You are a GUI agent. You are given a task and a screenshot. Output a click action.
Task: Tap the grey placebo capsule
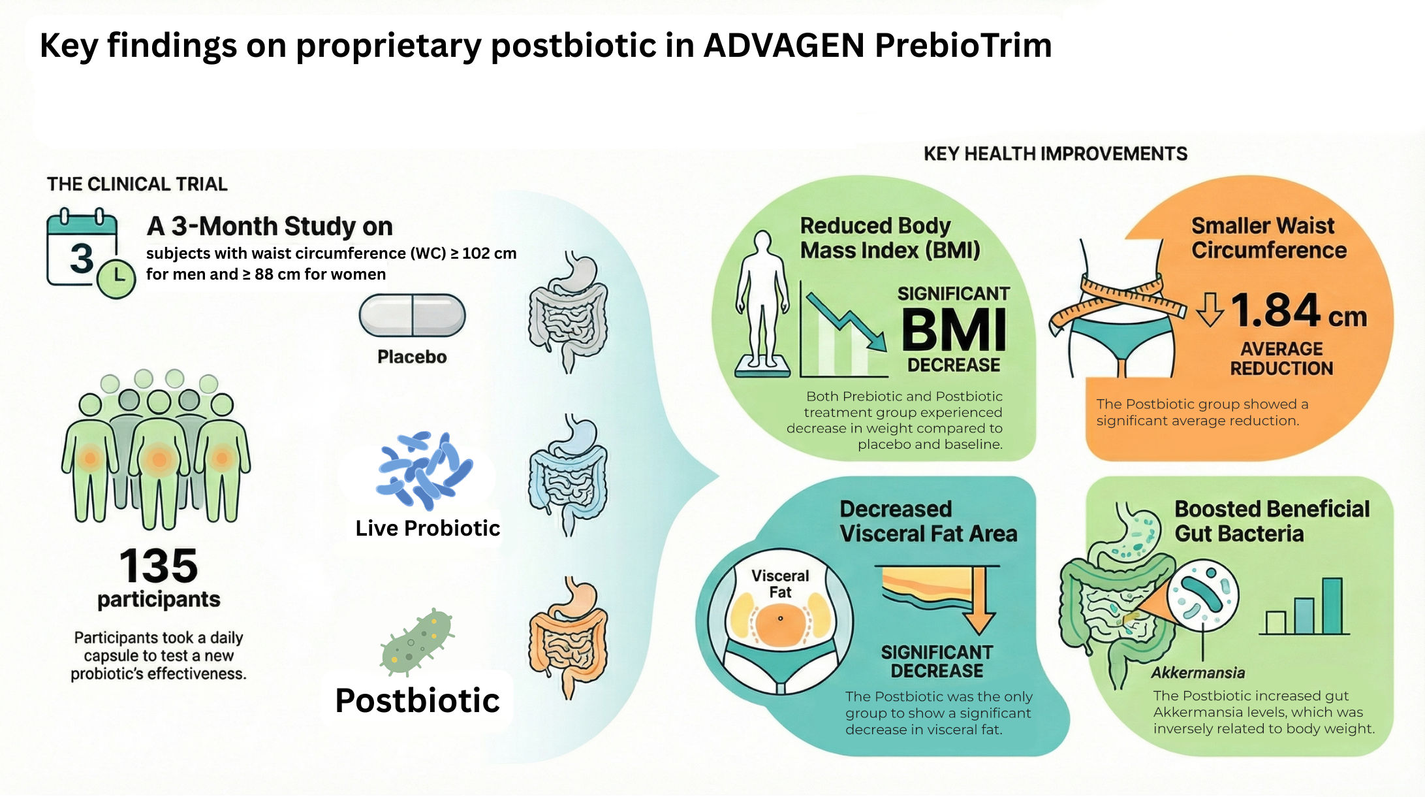coord(412,315)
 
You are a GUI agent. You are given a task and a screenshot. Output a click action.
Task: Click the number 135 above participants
coord(159,566)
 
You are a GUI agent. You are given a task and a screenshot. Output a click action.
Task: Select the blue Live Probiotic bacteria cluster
coord(424,470)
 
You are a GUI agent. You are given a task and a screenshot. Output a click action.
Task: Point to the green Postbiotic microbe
coord(417,642)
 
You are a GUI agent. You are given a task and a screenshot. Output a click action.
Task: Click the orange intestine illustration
coord(568,637)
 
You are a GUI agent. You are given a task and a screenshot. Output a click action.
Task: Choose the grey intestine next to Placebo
coord(568,312)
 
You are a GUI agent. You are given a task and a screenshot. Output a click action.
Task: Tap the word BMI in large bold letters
coord(954,331)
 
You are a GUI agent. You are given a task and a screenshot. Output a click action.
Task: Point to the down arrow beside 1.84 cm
coord(1210,309)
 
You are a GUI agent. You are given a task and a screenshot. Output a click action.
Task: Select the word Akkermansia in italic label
coord(1198,673)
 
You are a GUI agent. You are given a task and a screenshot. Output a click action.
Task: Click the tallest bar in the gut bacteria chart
coord(1332,606)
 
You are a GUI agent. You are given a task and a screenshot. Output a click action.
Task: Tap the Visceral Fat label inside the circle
coord(780,584)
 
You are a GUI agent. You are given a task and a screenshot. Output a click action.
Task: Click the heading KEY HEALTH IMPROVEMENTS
coord(1056,154)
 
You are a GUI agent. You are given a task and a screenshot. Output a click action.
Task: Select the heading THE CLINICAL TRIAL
coord(137,184)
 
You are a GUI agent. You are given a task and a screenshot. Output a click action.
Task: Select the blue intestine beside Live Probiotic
coord(568,475)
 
